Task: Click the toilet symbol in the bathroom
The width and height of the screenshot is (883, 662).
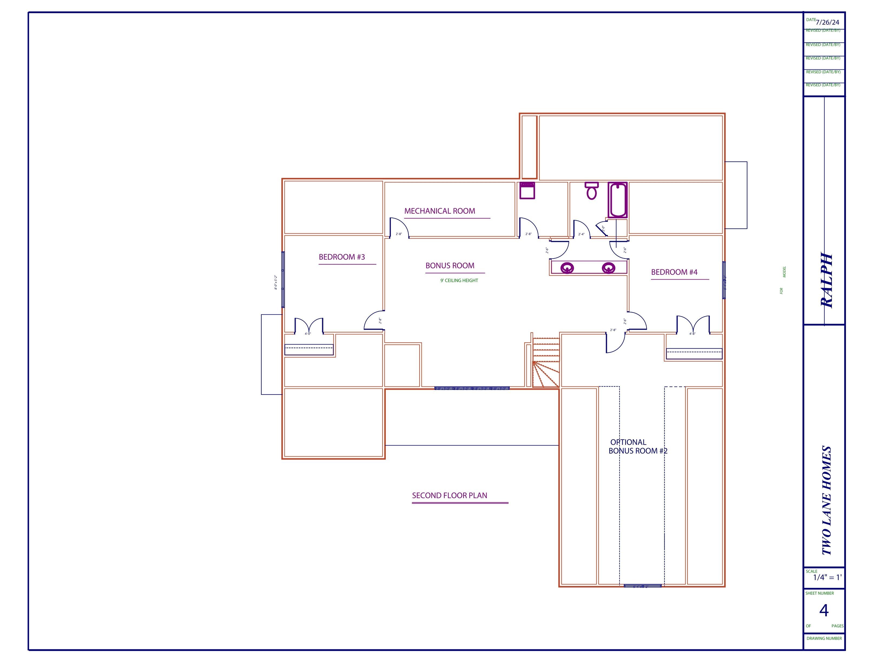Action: coord(592,191)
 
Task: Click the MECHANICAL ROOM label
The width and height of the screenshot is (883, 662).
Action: coord(440,211)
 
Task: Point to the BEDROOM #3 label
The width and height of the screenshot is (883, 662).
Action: coord(342,257)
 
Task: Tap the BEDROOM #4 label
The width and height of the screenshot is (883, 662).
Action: coord(674,272)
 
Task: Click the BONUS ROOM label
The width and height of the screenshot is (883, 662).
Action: coord(450,266)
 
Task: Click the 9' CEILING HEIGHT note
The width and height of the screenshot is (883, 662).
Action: coord(459,280)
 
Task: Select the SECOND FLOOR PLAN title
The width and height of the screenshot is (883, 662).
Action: coord(450,496)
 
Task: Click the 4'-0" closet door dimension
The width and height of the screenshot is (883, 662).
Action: coord(308,334)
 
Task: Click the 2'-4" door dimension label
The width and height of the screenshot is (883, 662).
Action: coord(581,234)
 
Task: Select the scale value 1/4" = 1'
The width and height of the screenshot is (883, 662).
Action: coord(828,577)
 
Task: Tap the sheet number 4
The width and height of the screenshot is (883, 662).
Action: coord(823,611)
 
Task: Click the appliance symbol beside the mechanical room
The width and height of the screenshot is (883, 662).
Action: coord(527,190)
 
